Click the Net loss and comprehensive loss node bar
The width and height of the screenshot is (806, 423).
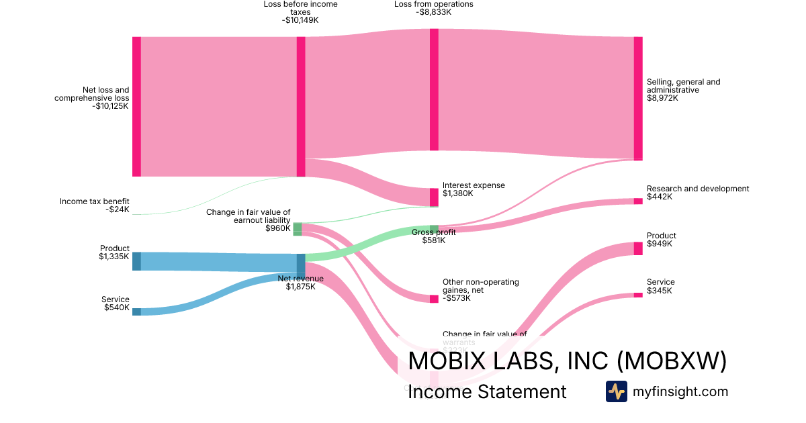[x=136, y=107]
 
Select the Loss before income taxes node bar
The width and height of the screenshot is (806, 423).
[x=301, y=107]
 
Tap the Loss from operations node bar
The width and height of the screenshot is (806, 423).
[x=434, y=89]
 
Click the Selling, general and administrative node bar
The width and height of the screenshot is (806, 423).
[x=638, y=99]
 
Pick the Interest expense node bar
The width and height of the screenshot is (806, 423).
[x=434, y=197]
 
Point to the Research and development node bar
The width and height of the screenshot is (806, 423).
[x=638, y=201]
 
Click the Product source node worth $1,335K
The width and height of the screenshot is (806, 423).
[x=136, y=261]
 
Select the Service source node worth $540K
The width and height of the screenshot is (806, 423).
[x=136, y=312]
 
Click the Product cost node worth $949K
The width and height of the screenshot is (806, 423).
[x=638, y=248]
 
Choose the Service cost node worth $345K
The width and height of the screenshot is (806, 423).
[x=638, y=295]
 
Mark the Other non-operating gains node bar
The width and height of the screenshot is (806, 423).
[x=434, y=299]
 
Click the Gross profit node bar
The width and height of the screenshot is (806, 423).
[x=434, y=228]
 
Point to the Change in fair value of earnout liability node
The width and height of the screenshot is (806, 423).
[x=298, y=229]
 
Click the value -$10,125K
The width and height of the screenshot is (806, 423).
[x=111, y=106]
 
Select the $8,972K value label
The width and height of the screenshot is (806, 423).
[x=662, y=98]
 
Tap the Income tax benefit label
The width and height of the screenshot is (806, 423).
[x=95, y=201]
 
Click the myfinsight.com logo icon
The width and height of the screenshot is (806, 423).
[x=616, y=391]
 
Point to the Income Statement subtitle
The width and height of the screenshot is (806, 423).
[x=487, y=391]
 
